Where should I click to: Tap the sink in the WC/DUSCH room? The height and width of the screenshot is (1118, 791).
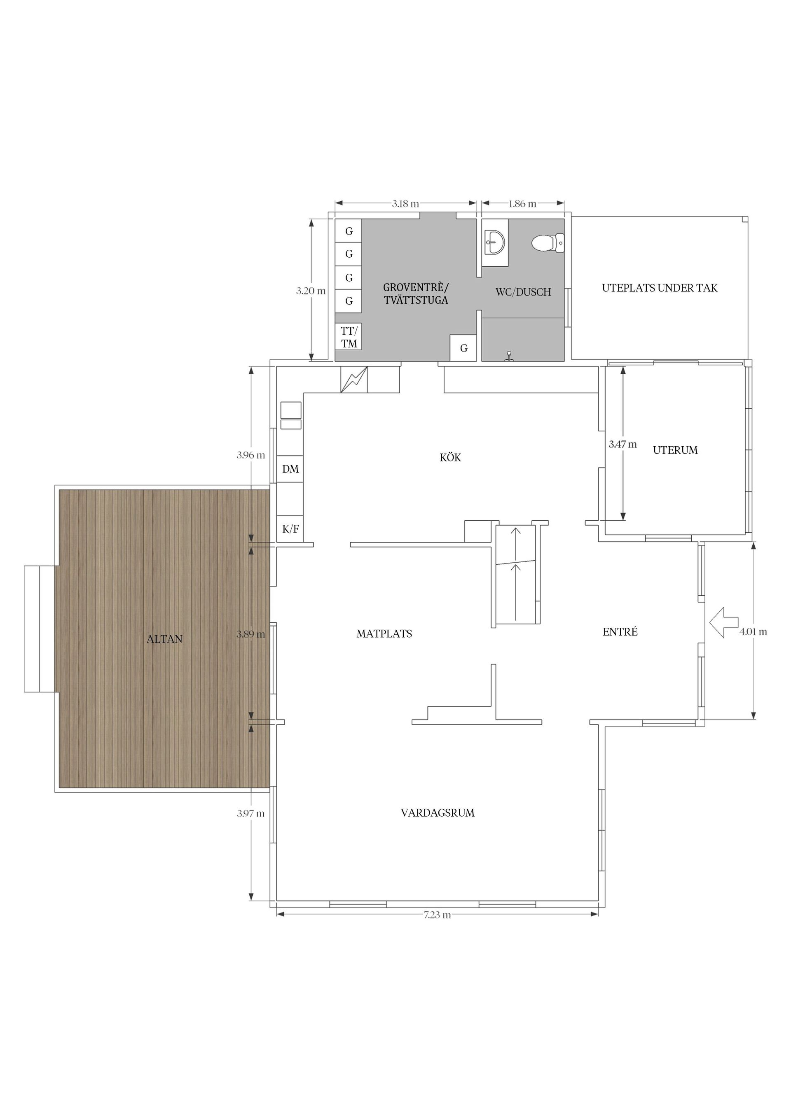point(495,242)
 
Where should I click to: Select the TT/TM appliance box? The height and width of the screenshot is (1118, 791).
point(349,336)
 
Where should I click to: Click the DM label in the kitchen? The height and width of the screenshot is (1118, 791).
point(290,469)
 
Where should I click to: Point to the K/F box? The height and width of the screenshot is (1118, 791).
point(290,528)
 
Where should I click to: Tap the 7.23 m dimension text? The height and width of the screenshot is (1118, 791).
point(437,915)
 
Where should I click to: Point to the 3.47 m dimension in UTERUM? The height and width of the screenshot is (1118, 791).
point(623,444)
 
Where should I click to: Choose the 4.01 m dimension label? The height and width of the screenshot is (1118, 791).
point(753,631)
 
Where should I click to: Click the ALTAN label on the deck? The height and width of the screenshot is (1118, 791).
point(165,639)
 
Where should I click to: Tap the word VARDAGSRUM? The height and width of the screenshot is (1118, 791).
point(438,813)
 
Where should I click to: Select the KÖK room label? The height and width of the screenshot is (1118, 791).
point(450,457)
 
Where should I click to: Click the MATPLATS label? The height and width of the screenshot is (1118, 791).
point(384,634)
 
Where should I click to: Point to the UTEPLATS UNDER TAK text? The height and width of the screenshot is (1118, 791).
point(660,288)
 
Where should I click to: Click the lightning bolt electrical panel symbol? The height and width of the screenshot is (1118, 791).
point(354,380)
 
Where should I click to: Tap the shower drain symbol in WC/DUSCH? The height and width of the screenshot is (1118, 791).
point(509,356)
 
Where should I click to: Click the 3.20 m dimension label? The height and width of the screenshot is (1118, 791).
point(311,291)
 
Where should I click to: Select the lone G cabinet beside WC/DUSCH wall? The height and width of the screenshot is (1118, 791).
point(463,348)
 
